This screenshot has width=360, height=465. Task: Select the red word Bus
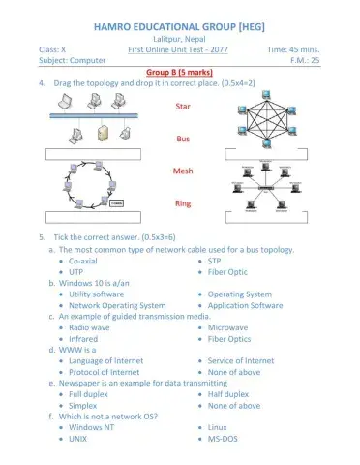(x=182, y=139)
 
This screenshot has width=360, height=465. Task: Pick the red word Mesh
(x=182, y=171)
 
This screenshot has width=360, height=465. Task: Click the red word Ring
(x=182, y=203)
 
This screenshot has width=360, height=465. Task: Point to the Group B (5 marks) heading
(x=181, y=73)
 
